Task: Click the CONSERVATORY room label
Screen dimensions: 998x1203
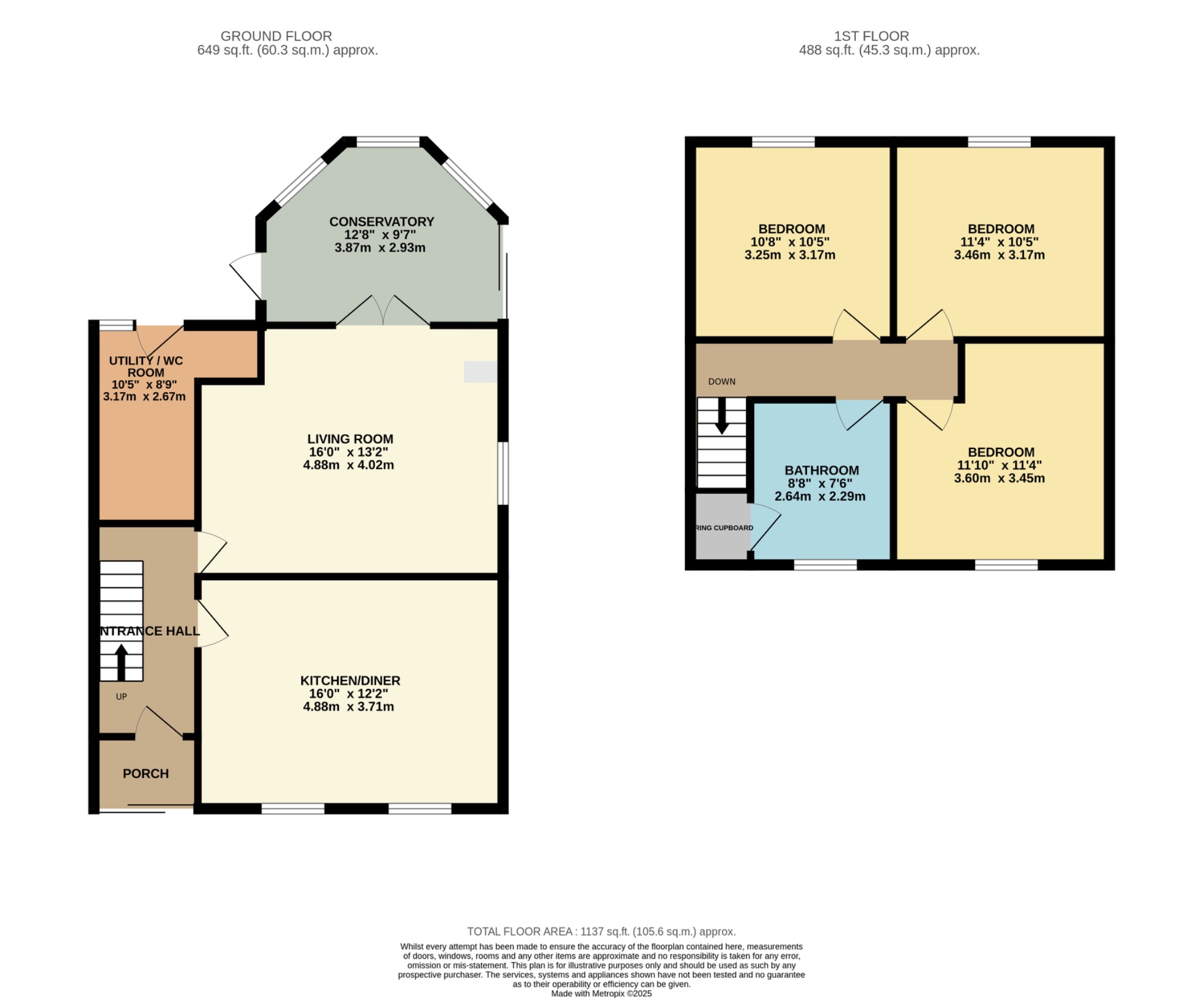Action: [x=381, y=222]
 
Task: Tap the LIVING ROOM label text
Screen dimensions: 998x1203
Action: [x=350, y=439]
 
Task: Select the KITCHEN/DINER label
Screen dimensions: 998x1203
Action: [x=350, y=681]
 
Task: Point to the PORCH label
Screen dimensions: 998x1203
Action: [x=146, y=773]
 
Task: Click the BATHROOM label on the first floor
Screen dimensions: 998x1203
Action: [x=821, y=470]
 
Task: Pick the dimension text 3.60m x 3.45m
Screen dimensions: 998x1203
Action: [x=999, y=478]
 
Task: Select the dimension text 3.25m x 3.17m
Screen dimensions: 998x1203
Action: [x=789, y=255]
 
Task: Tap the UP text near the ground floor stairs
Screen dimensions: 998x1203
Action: [x=122, y=696]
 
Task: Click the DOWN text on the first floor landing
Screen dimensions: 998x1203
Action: [x=721, y=381]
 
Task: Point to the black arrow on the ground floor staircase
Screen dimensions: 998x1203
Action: [x=121, y=661]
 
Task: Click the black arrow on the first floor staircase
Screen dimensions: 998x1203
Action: [x=721, y=416]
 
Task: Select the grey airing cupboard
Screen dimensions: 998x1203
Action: [x=721, y=526]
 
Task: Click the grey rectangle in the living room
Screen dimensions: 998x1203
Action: [x=480, y=371]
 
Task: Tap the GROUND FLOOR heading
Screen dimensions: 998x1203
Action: [x=276, y=36]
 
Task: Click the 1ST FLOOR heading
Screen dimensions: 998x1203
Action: [x=871, y=36]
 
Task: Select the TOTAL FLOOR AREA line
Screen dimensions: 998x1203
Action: [x=601, y=932]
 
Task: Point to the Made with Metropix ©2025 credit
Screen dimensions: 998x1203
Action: [x=601, y=993]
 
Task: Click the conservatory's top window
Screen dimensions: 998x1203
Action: [x=388, y=141]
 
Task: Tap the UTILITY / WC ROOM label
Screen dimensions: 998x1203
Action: [x=146, y=366]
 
